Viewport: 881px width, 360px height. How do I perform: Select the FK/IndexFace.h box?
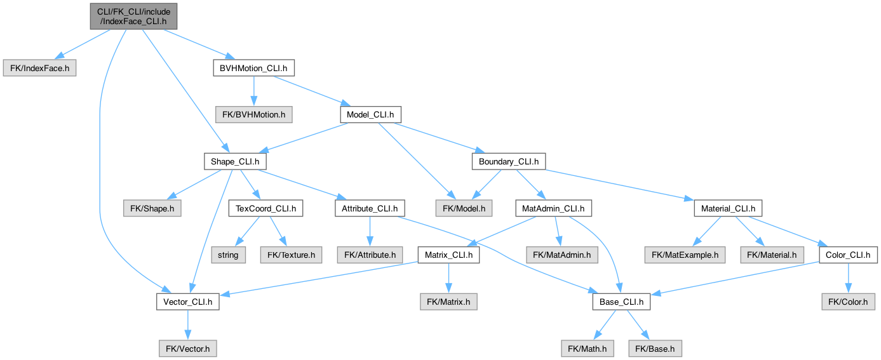tap(40, 68)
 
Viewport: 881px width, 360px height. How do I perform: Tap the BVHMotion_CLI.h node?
tap(253, 68)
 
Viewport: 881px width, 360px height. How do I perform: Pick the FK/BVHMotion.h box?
tap(253, 115)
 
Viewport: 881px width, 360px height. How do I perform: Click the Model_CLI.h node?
tap(370, 115)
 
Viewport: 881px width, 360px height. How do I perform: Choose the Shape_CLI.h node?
tap(234, 162)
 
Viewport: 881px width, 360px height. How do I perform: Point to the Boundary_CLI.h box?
tap(508, 162)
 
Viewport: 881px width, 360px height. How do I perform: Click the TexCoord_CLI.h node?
tap(266, 208)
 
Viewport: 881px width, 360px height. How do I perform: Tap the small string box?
tap(228, 255)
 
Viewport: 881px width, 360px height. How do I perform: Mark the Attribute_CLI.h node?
tap(369, 208)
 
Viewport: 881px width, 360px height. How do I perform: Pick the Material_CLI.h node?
tap(728, 208)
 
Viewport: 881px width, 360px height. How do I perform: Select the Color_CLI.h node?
tap(849, 255)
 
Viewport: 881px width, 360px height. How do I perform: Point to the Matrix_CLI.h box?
tap(448, 255)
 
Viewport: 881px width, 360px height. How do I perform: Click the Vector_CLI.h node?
tap(187, 302)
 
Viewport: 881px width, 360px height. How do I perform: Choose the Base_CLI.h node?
tap(621, 302)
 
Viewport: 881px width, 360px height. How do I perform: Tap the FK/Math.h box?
tap(587, 349)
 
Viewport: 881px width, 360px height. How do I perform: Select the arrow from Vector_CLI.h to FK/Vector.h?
tap(187, 324)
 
